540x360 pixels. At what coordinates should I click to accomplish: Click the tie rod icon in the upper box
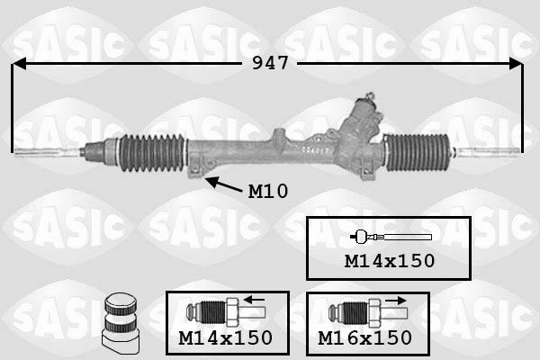(x=390, y=237)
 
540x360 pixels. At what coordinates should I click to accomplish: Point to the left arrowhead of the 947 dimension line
(x=18, y=64)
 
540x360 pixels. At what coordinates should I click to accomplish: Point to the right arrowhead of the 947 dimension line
(x=517, y=64)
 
